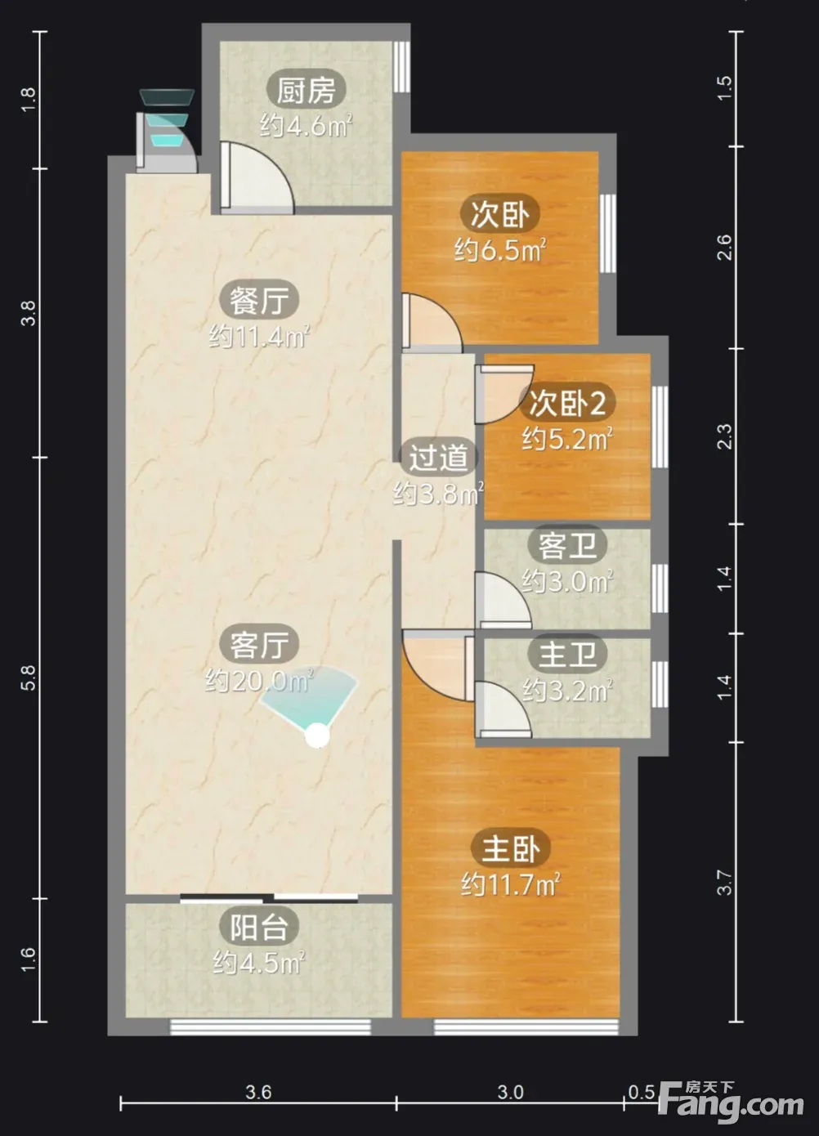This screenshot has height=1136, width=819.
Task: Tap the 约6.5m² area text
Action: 500,251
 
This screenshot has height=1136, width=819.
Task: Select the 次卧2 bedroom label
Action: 567,404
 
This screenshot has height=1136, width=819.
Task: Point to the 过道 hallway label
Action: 438,457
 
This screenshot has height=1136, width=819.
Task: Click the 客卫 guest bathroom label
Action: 567,545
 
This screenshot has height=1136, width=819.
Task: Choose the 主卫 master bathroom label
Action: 567,654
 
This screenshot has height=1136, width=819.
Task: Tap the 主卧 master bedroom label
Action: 511,848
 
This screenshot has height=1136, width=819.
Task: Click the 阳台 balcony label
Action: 258,927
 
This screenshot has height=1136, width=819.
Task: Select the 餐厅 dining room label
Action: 258,300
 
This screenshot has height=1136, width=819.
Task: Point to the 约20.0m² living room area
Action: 259,681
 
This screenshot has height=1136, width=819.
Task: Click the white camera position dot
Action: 317,736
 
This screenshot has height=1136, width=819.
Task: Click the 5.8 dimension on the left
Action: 29,677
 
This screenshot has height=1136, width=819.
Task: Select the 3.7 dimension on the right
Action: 725,883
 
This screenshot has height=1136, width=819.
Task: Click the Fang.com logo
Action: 731,1102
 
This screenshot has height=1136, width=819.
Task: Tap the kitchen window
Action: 401,67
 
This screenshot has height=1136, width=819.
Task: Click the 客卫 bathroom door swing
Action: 503,599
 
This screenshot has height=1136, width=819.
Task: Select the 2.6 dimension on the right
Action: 725,248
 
